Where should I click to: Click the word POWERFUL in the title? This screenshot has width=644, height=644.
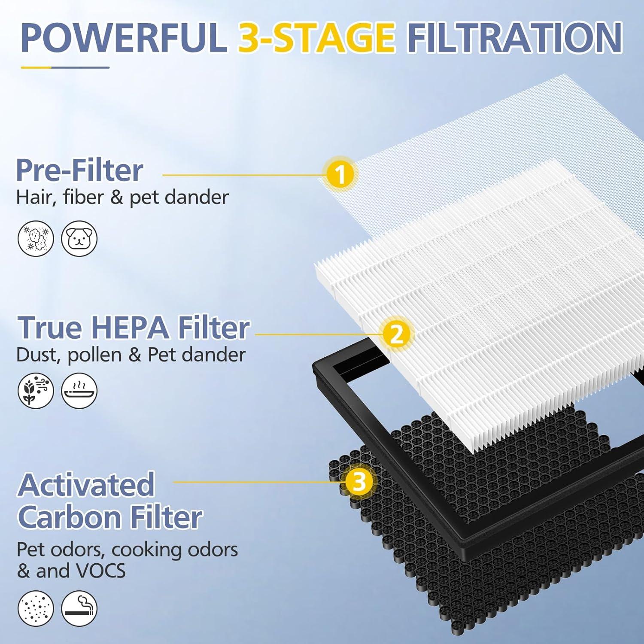pos(124,38)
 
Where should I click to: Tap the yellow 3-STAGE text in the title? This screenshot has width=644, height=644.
pos(316,38)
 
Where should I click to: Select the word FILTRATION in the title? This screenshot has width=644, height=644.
pos(514,38)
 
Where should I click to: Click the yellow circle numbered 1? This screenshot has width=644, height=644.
pos(340,174)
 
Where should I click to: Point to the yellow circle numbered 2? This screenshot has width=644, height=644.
pos(396,333)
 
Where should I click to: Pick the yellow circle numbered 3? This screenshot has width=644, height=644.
pos(359,481)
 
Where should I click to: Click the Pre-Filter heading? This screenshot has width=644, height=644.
pos(79,170)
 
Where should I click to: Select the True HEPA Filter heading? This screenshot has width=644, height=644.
pos(133,328)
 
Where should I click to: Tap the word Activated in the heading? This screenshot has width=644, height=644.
pos(86,484)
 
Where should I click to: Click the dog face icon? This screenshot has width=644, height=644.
pos(79,238)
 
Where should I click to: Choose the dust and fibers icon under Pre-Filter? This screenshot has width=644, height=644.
pos(36,238)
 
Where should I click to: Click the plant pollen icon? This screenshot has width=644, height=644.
pos(36,391)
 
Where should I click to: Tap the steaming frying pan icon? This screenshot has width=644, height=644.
pos(79,391)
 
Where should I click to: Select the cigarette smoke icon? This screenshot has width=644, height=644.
pos(79,608)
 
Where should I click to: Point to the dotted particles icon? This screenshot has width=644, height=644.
pos(36,608)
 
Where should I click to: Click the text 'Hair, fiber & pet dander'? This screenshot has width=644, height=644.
pos(122,197)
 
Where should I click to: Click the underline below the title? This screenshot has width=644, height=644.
pos(65,67)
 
